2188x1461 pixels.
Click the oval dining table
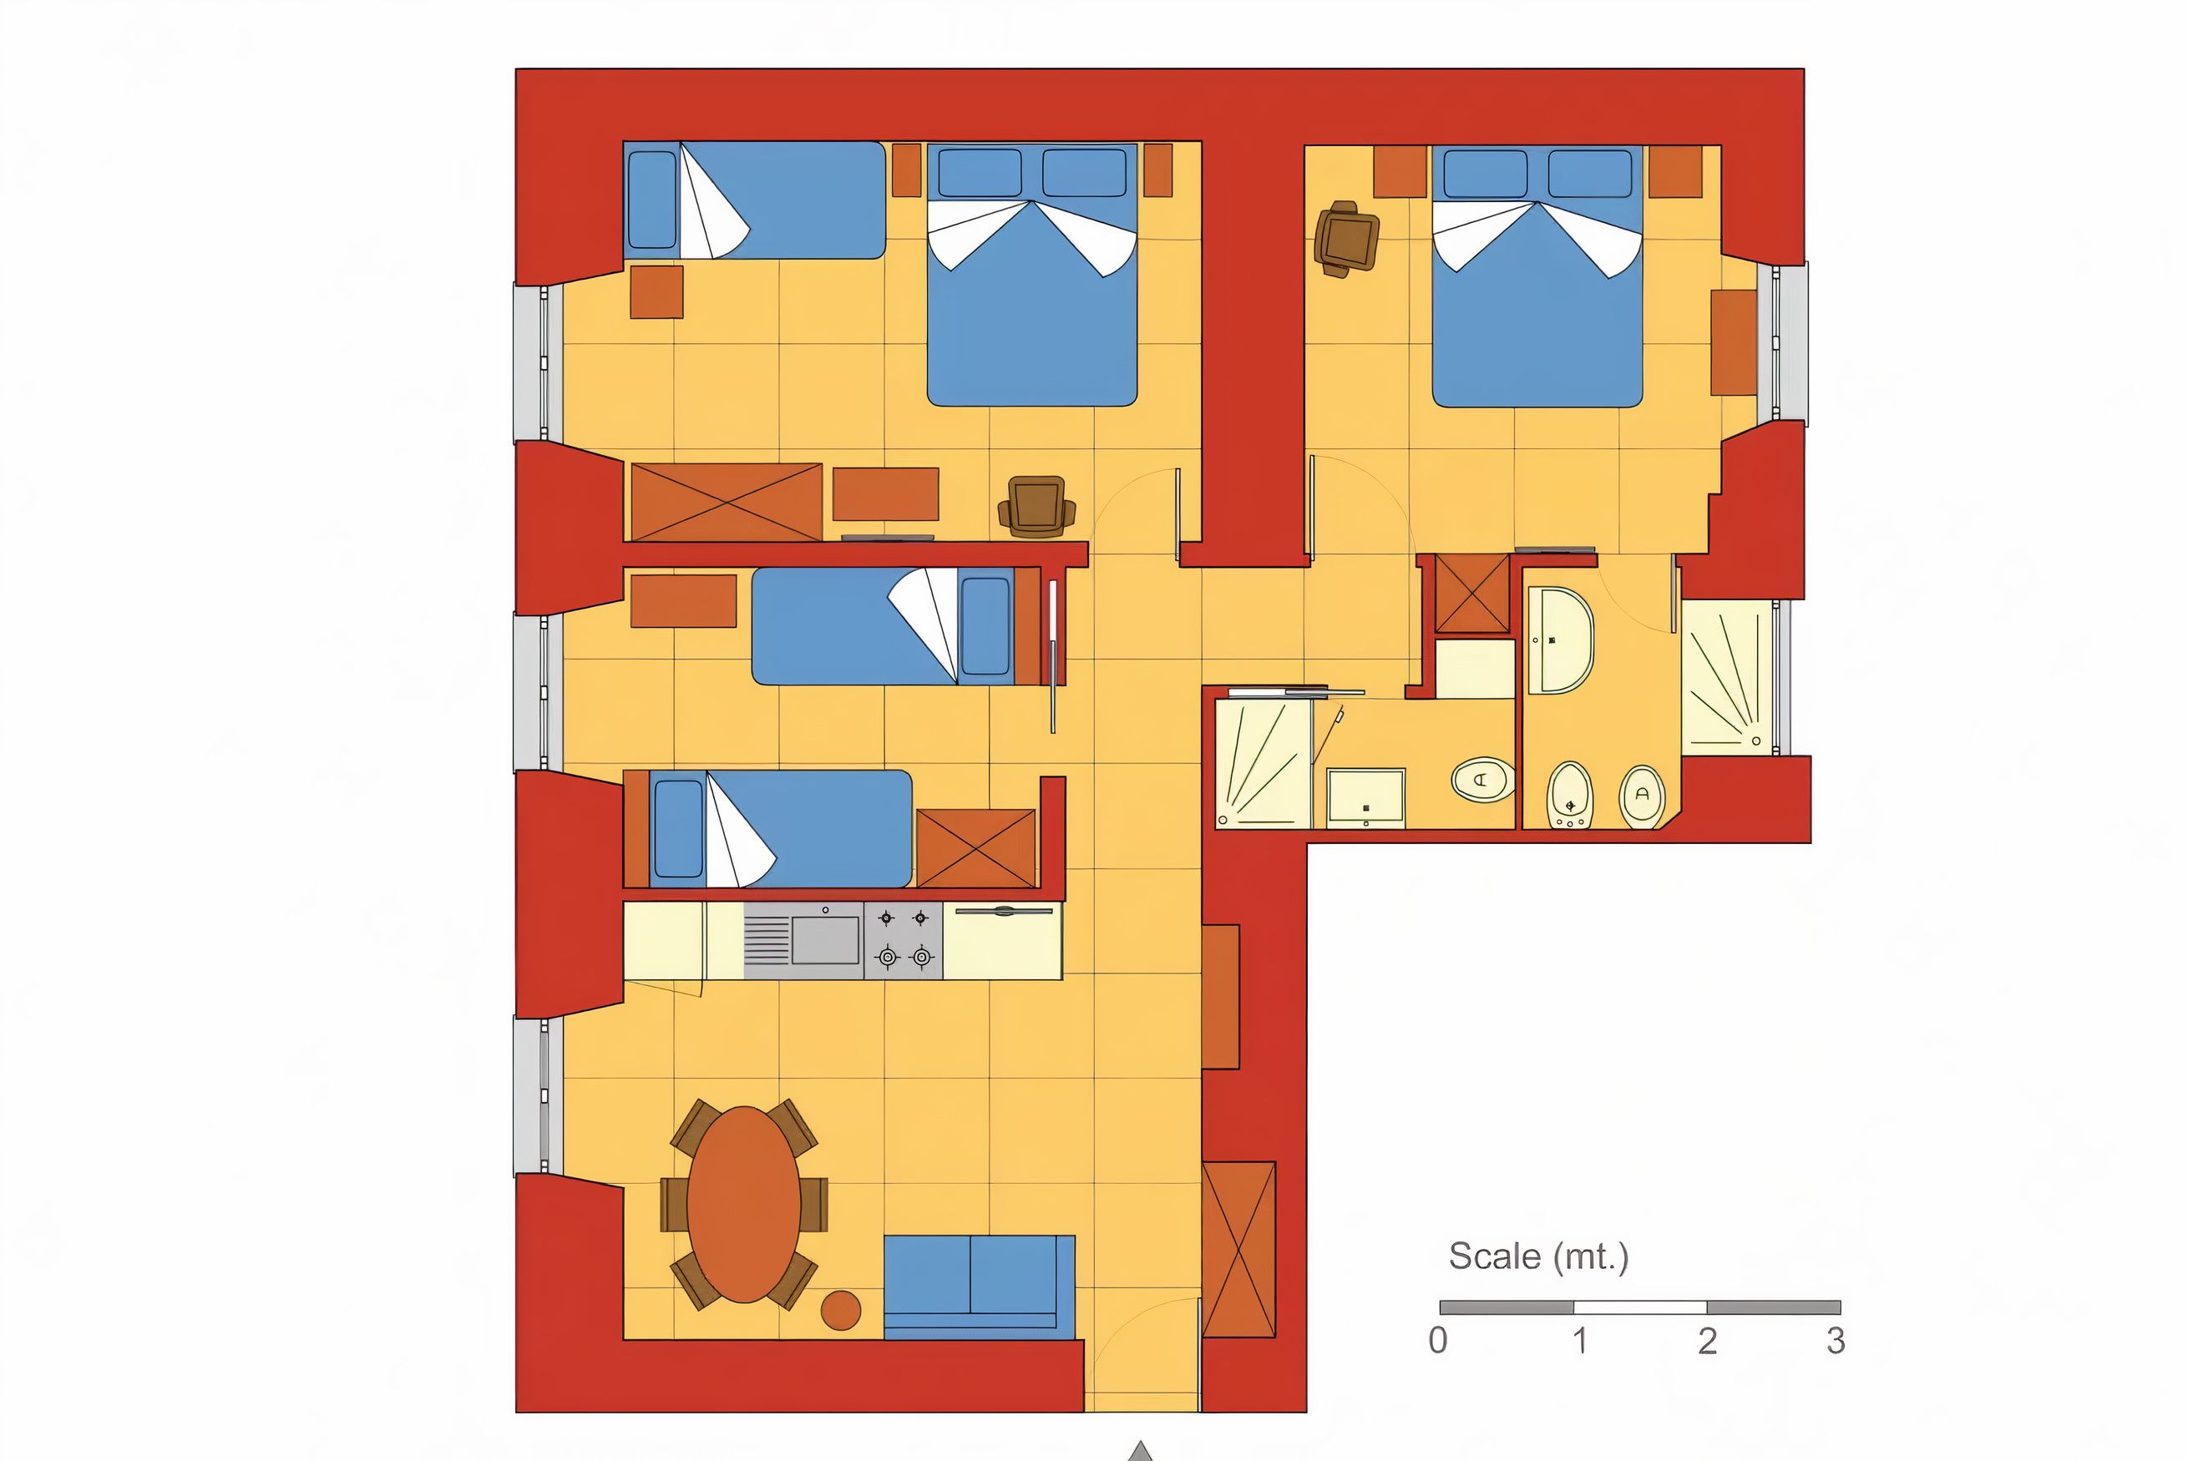pyautogui.click(x=743, y=1204)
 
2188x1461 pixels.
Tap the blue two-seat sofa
pyautogui.click(x=980, y=1287)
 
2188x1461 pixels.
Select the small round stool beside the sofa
pyautogui.click(x=840, y=1310)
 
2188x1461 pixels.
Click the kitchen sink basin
pyautogui.click(x=826, y=939)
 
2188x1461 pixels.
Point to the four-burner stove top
pyautogui.click(x=903, y=940)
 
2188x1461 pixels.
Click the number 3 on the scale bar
pyautogui.click(x=1835, y=1341)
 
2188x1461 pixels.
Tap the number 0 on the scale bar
pyautogui.click(x=1438, y=1341)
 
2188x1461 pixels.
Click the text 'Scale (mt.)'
pyautogui.click(x=1538, y=1257)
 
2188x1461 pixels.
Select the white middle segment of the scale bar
pyautogui.click(x=1640, y=1307)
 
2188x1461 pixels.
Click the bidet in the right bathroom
pyautogui.click(x=1569, y=795)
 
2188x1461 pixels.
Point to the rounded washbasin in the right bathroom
pyautogui.click(x=1561, y=640)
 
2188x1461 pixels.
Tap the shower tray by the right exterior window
pyautogui.click(x=1727, y=676)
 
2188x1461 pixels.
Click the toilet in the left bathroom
pyautogui.click(x=1483, y=779)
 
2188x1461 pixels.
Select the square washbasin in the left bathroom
pyautogui.click(x=1365, y=797)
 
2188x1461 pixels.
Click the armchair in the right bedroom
pyautogui.click(x=1345, y=239)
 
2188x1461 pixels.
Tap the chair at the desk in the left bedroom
pyautogui.click(x=1036, y=507)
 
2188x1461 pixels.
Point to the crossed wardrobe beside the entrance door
pyautogui.click(x=1238, y=1250)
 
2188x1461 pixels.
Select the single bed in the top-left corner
pyautogui.click(x=754, y=200)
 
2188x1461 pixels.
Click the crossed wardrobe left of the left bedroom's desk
pyautogui.click(x=727, y=503)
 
